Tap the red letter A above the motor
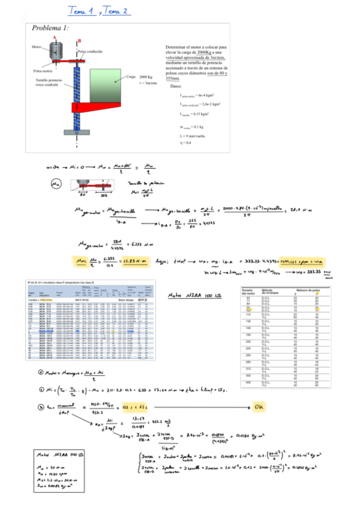(55, 37)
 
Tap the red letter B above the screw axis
(79, 41)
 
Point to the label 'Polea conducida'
(90, 52)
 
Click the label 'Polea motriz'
(43, 70)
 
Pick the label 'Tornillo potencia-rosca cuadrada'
(49, 82)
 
